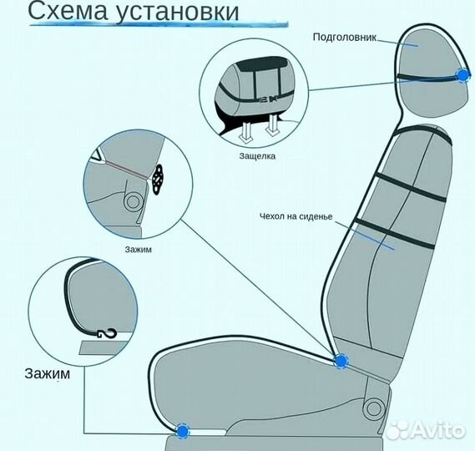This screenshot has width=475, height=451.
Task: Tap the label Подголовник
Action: point(346,38)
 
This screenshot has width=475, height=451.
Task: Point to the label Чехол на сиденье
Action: point(296,217)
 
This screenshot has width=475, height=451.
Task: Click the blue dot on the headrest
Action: point(462,76)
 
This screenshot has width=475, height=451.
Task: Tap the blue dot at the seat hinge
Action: point(341,361)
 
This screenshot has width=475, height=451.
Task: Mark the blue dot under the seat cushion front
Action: point(183,430)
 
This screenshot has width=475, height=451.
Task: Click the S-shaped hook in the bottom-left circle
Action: point(105,334)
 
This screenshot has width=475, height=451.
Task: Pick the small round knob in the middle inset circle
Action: point(130,201)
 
